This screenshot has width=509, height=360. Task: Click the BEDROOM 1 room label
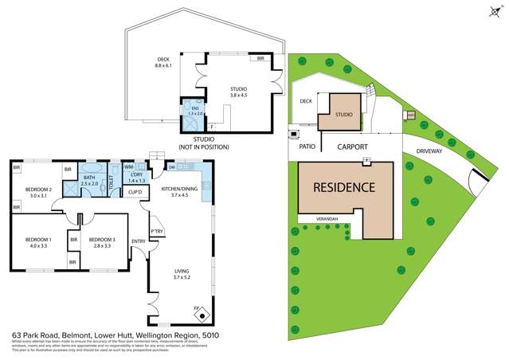(39, 241)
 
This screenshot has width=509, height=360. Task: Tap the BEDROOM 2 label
(39, 190)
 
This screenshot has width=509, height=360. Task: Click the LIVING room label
(182, 272)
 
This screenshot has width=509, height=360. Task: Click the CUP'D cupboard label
(135, 192)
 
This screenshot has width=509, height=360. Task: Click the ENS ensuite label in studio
(191, 111)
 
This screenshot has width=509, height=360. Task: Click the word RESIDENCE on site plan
(343, 188)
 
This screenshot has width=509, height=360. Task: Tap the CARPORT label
(351, 147)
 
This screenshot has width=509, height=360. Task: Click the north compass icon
(489, 12)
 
